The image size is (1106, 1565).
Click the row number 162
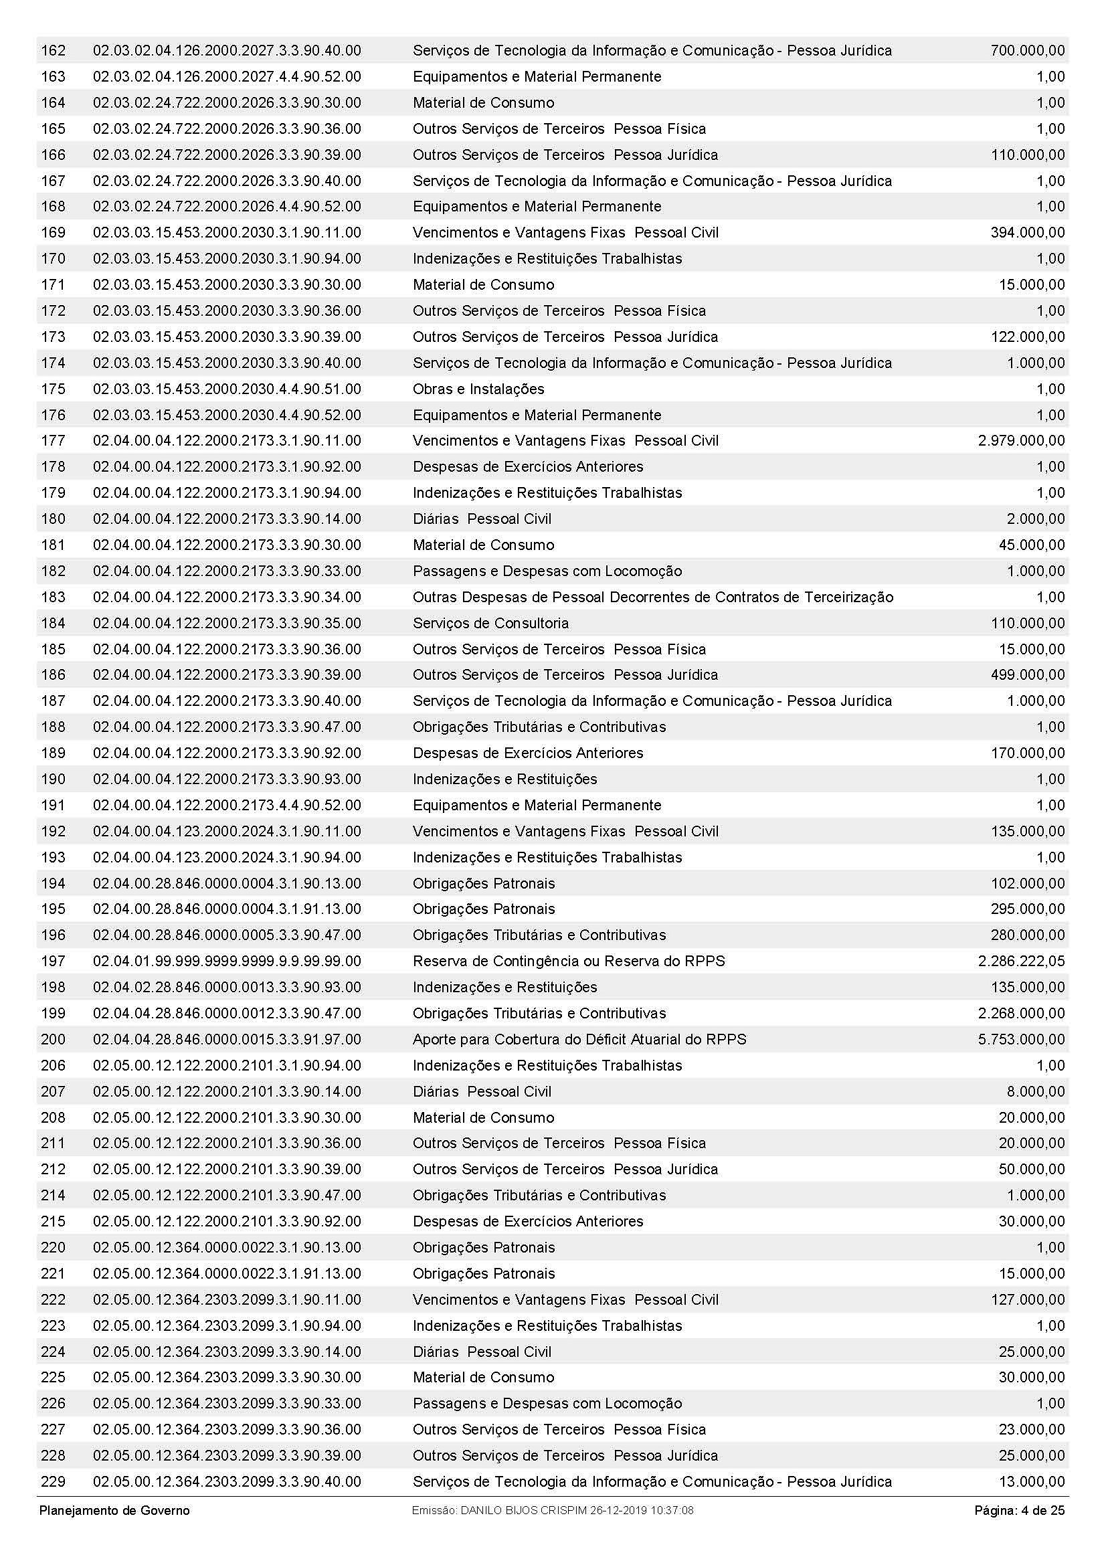coord(53,50)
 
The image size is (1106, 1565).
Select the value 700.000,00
coord(1027,50)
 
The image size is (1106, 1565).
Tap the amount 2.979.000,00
coord(1021,441)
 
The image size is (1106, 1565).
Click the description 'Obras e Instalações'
coord(478,389)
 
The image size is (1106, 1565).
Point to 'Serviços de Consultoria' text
coord(490,623)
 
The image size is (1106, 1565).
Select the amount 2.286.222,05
coord(1021,961)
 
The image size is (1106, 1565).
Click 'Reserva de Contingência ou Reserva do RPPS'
coord(569,961)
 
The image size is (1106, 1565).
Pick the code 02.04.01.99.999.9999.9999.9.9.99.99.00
coord(227,961)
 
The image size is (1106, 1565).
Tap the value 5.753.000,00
coord(1021,1040)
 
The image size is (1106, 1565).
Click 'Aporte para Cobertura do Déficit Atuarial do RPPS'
coord(579,1040)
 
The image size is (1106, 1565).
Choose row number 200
coord(53,1040)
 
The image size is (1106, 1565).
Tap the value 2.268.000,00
coord(1021,1014)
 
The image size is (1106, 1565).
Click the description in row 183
coord(653,597)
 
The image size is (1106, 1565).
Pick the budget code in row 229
coord(227,1482)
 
